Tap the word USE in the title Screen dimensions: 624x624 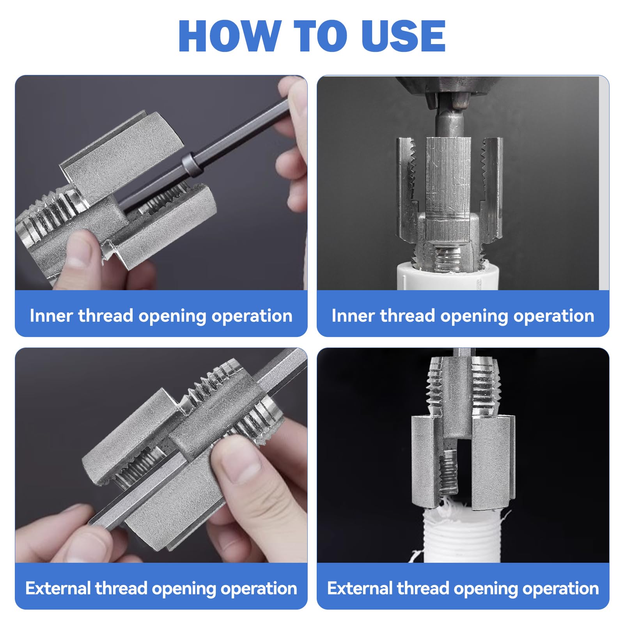pos(403,35)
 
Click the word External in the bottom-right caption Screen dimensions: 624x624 pos(360,588)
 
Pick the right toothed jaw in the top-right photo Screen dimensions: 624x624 pos(491,189)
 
